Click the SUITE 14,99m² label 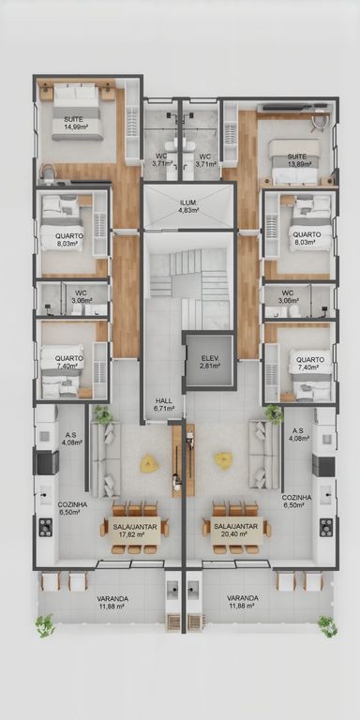pos(76,123)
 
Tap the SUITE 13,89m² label pos(296,160)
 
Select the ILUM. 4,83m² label pos(188,206)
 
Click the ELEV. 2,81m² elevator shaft pos(209,362)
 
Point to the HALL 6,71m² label pos(164,405)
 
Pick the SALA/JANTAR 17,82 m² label pos(128,531)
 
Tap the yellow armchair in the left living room pos(149,464)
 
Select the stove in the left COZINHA pos(45,527)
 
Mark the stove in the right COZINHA pos(326,527)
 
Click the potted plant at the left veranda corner pos(45,626)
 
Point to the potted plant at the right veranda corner pos(327,626)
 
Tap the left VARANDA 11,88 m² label pos(112,603)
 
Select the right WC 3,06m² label pos(288,296)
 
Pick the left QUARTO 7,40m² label pos(68,362)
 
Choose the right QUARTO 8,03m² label pos(307,238)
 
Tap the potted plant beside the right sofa pos(275,414)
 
